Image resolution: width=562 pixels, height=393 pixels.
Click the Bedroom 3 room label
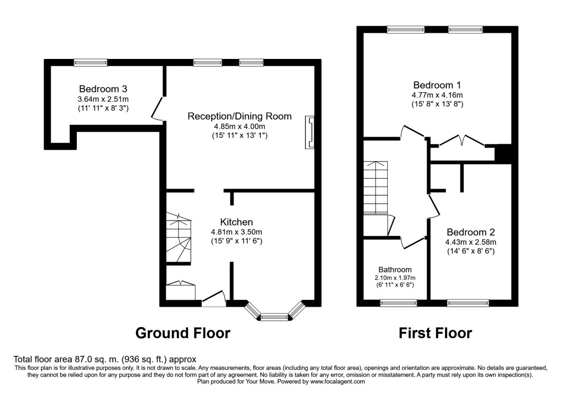coord(103,88)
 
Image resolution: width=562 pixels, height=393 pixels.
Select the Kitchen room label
coord(237,222)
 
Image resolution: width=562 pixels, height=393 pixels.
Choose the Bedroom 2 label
coord(471,232)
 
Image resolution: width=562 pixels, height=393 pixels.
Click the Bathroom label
coord(395,269)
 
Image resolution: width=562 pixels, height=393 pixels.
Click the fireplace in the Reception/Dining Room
coord(310,132)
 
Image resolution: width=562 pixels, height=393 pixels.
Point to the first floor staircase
coord(376,187)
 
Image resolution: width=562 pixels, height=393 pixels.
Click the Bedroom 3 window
coord(90,62)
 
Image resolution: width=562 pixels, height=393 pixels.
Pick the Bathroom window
coord(398,303)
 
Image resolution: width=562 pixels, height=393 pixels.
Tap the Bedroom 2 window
coord(468,303)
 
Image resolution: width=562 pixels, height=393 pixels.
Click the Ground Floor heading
coord(183,333)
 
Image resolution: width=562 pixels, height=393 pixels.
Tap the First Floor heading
coord(435,333)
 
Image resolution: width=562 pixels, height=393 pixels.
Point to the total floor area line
coord(102,359)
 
